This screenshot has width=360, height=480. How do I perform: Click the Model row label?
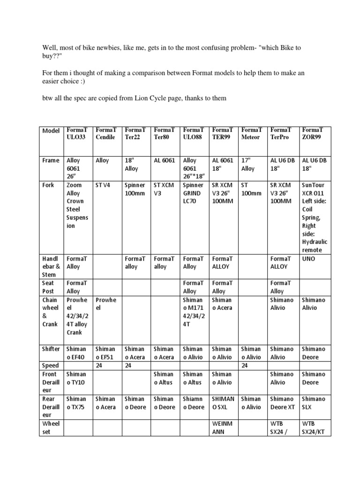coord(51,131)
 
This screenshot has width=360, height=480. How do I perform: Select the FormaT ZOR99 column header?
coord(313,134)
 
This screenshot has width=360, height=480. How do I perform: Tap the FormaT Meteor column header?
coord(252,134)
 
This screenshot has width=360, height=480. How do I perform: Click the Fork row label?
coord(48,185)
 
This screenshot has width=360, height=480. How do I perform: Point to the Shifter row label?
coord(51,349)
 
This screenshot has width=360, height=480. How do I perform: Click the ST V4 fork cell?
coord(102,185)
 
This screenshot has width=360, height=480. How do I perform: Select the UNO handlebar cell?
coord(309,258)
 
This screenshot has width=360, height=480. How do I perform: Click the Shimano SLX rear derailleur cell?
coord(313,403)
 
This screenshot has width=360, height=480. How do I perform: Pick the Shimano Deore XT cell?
coord(283,403)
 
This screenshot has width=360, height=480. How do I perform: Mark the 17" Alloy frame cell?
coord(247,165)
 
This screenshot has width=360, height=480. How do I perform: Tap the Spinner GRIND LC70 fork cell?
coord(193,193)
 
